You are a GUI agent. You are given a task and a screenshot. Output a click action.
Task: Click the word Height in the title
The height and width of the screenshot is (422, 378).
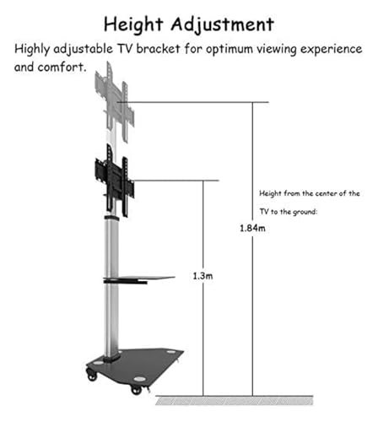click(133, 25)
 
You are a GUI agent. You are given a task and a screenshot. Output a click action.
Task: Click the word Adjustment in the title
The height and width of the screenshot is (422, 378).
click(223, 25)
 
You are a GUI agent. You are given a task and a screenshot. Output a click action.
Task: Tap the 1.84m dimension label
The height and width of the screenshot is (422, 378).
click(252, 228)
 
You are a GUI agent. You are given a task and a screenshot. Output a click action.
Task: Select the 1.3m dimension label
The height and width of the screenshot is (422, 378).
click(202, 276)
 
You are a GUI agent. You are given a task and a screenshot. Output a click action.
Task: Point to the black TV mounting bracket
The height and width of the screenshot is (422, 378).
click(115, 180)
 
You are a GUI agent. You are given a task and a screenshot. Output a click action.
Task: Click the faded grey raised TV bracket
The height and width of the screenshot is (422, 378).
click(115, 103)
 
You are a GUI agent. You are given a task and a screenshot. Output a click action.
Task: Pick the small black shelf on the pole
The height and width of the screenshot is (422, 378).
click(139, 279)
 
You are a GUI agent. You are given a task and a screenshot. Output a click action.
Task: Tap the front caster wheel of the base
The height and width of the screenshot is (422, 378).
click(137, 390)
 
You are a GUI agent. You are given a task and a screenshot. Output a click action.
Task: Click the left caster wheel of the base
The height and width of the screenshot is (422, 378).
click(92, 376)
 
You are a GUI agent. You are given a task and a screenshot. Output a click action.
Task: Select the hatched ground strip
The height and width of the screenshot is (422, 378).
click(235, 401)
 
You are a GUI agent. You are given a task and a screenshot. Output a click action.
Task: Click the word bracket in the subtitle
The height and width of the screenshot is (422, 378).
click(159, 49)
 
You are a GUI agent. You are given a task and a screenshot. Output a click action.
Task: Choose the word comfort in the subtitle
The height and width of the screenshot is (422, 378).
click(61, 67)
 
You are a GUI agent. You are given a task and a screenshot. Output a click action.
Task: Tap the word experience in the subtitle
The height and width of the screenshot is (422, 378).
click(332, 50)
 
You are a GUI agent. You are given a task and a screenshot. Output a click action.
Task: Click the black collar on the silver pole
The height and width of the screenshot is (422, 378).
click(111, 218)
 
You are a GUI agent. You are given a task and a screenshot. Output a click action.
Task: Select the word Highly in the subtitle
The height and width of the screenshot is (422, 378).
click(32, 50)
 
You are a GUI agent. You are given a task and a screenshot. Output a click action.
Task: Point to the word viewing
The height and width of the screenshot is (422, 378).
click(277, 50)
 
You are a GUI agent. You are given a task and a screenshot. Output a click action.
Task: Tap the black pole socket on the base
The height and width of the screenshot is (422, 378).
click(111, 357)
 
